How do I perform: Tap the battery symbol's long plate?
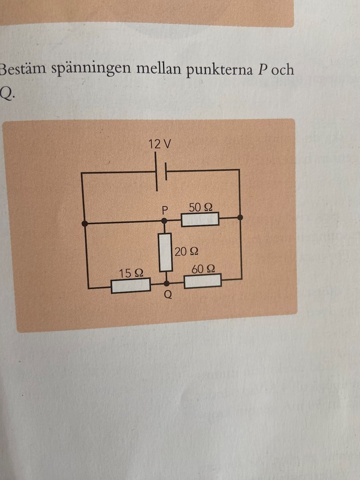157,172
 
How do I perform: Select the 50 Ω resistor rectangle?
200,219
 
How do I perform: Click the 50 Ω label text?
201,207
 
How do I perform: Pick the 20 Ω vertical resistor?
166,252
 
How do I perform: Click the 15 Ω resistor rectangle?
130,286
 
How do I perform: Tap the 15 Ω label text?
131,273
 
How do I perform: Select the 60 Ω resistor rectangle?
202,281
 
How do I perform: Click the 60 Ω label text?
203,269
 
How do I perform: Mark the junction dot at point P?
165,221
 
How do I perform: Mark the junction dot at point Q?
167,283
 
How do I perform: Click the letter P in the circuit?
165,210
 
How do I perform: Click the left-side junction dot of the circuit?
85,223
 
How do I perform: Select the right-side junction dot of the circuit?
240,217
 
